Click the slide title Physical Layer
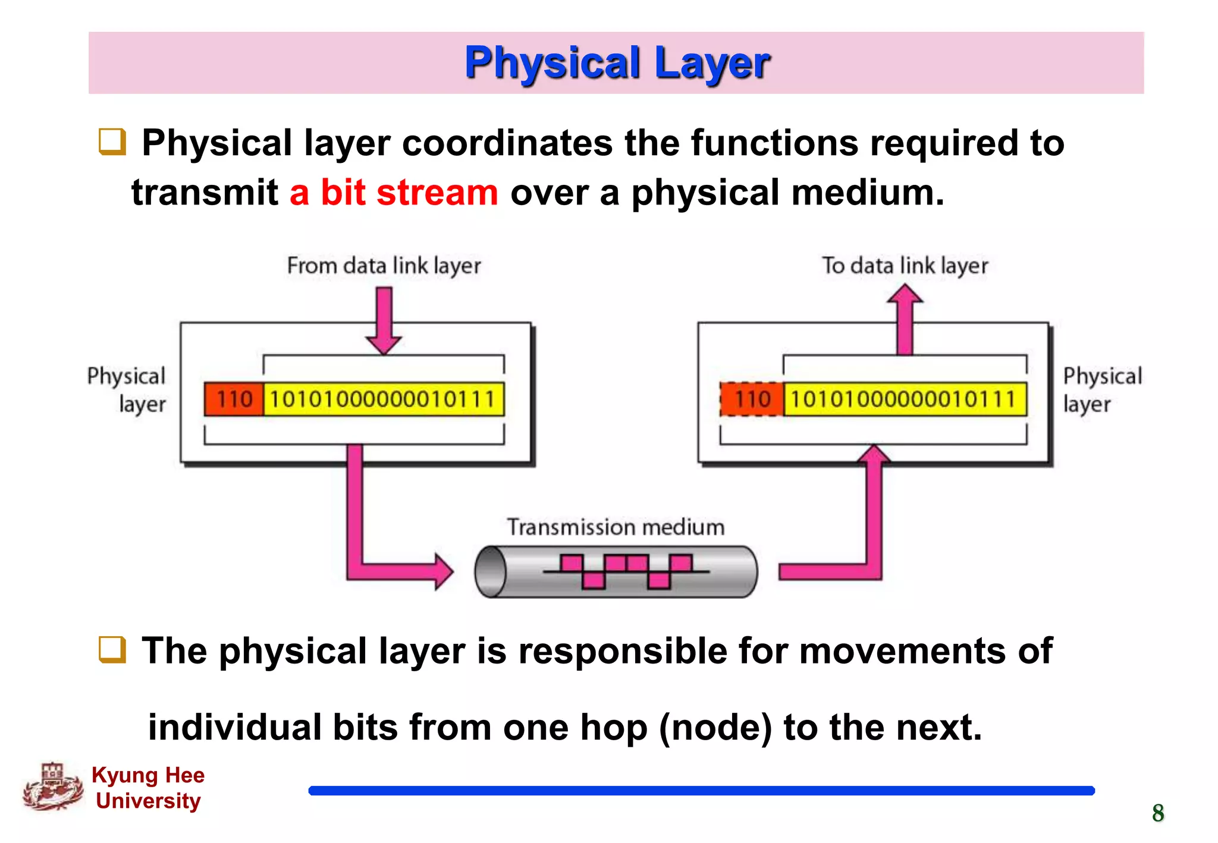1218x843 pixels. [617, 63]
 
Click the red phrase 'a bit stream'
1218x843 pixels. [393, 193]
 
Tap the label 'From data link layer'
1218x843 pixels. [384, 266]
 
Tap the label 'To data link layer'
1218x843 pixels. [905, 266]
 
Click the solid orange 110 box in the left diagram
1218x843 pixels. [234, 399]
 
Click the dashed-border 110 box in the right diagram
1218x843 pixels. [752, 399]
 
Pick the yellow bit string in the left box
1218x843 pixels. [383, 399]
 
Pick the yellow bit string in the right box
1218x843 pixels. [904, 399]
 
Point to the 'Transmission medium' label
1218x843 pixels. [616, 527]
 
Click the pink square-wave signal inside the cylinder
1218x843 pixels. [626, 571]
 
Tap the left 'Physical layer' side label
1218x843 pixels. [127, 390]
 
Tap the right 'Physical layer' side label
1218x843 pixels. [1101, 390]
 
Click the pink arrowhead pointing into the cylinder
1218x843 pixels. [443, 571]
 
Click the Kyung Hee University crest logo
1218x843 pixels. [53, 787]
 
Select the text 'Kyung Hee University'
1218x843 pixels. [148, 788]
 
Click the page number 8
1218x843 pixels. [1157, 813]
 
